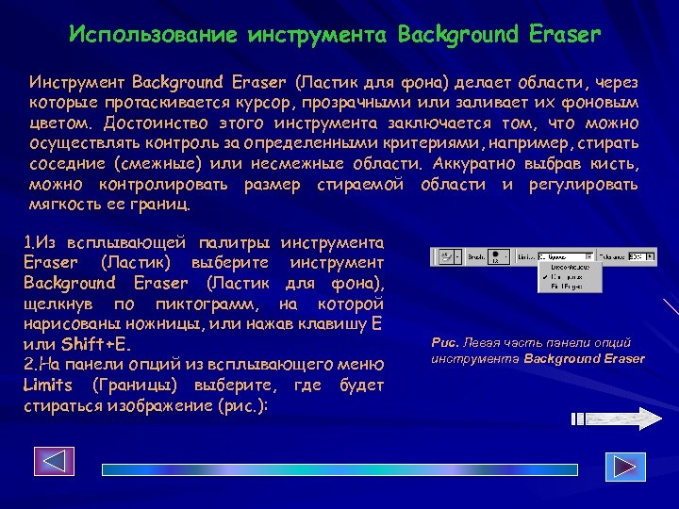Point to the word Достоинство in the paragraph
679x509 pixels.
coord(154,123)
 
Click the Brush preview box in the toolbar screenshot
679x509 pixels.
coord(502,256)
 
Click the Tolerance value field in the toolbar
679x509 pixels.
coord(640,256)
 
